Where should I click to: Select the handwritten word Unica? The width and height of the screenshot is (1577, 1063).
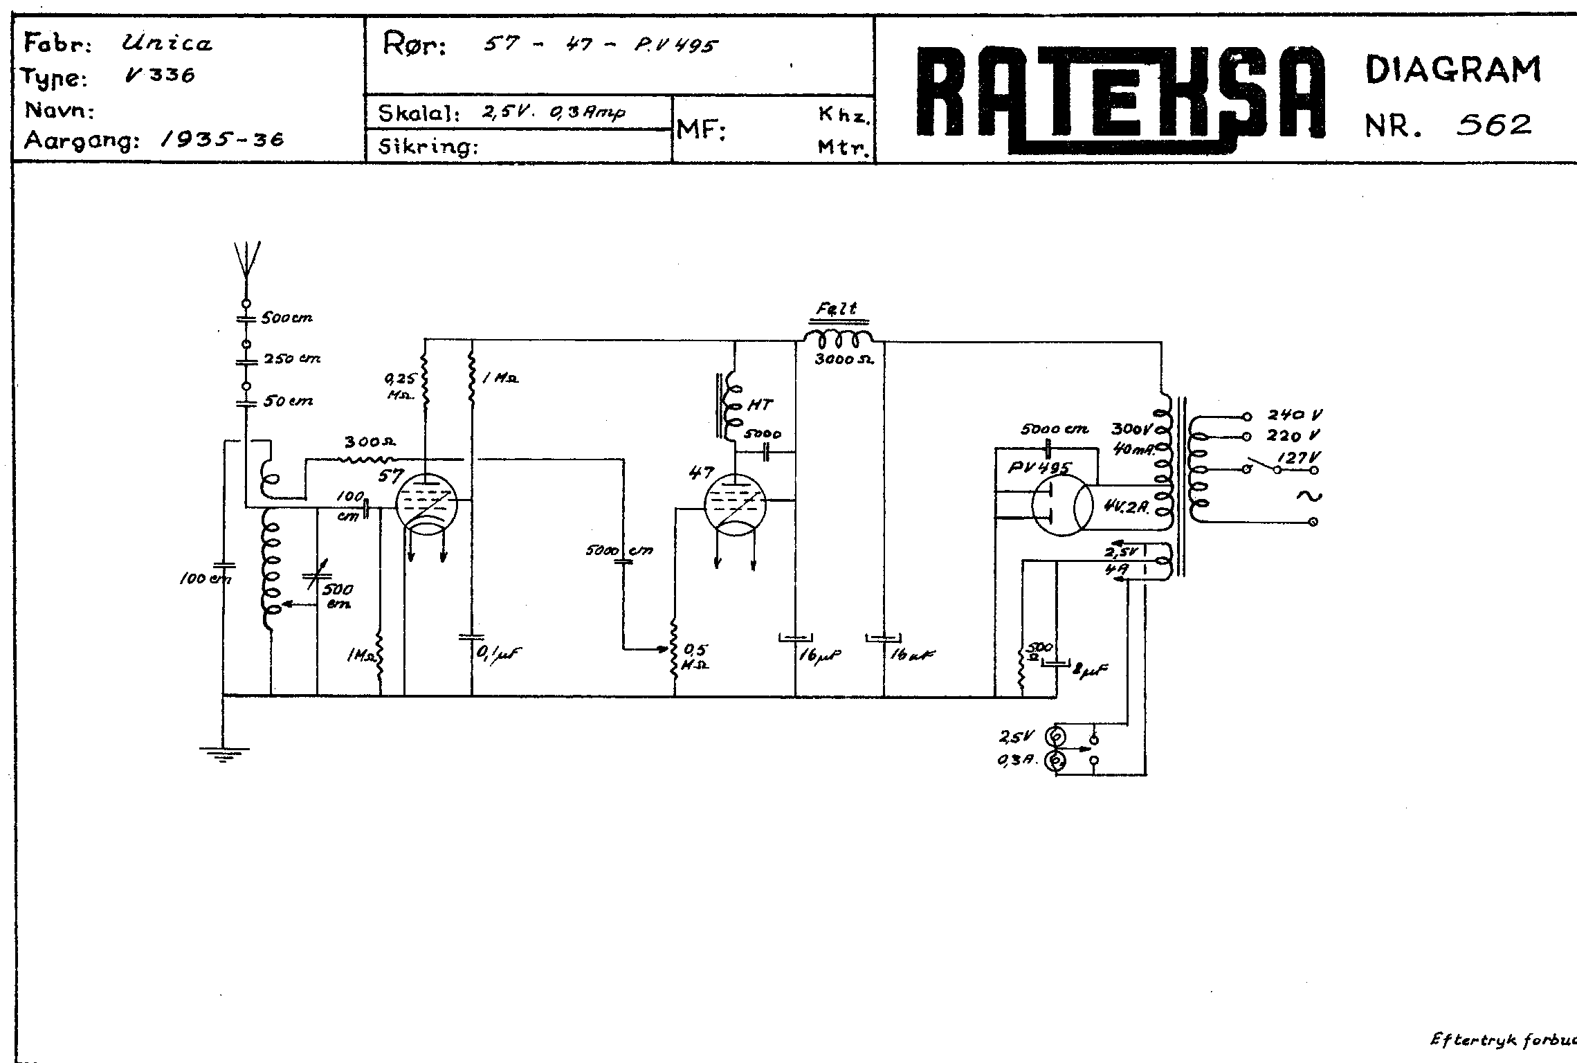(167, 45)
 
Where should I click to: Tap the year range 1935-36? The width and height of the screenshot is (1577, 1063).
(221, 140)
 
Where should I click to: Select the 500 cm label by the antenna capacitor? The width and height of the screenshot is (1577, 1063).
(286, 318)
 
